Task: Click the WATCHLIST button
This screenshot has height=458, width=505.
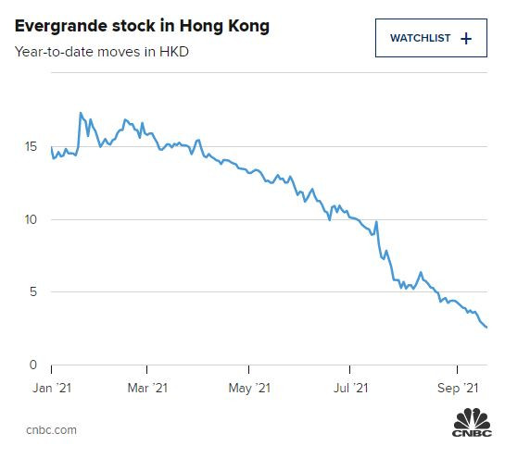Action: coord(431,38)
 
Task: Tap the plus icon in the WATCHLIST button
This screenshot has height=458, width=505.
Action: coord(466,38)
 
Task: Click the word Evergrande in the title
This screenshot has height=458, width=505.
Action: coord(57,26)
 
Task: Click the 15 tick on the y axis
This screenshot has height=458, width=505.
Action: coord(32,147)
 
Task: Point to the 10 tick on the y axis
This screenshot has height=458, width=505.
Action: coord(32,219)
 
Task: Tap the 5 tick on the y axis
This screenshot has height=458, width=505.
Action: coord(34,292)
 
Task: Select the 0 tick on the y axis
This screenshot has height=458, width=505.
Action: coord(34,365)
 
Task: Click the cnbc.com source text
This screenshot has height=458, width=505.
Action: coord(50,429)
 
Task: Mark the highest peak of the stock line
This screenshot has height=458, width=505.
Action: coord(81,113)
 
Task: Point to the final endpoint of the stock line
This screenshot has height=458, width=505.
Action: coord(487,327)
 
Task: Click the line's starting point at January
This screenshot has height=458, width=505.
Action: coord(51,147)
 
